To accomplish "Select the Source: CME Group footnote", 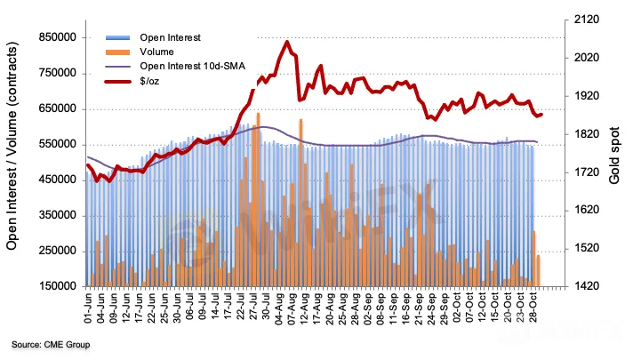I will pos(51,344).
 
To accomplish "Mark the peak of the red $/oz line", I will pos(286,42).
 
